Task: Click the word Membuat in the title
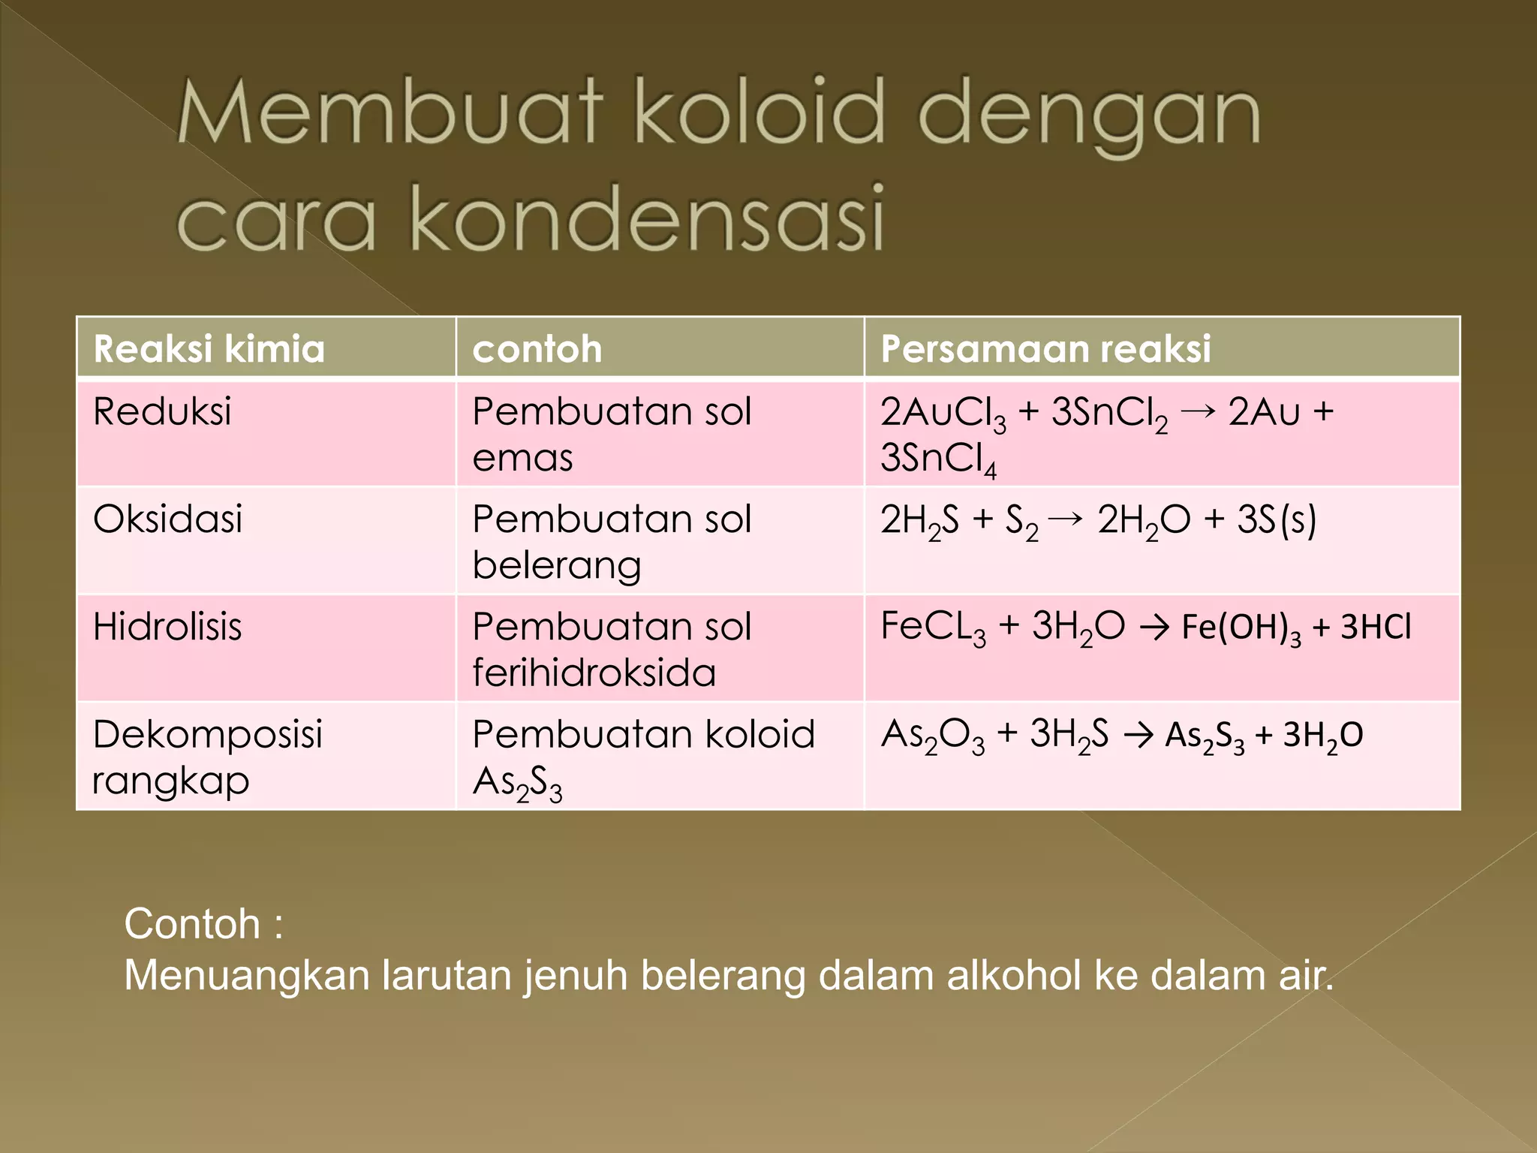tap(389, 113)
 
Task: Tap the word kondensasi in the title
tap(647, 218)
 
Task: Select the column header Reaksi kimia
tap(209, 349)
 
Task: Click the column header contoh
tap(537, 349)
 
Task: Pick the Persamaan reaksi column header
tap(1045, 348)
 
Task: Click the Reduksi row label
tap(162, 411)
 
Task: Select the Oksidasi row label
tap(167, 519)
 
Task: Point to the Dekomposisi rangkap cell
tap(207, 757)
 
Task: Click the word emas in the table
tap(522, 457)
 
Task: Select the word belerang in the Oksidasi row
tap(556, 565)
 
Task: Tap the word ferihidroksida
tap(594, 672)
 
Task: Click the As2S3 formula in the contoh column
tap(517, 783)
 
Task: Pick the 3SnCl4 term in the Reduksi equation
tap(938, 459)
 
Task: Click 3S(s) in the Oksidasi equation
tap(1276, 519)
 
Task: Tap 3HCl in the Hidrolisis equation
tap(1376, 627)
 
